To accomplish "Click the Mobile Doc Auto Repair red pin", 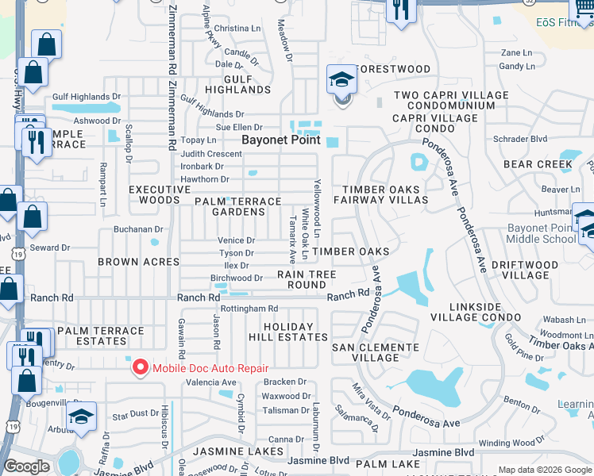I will pyautogui.click(x=141, y=367).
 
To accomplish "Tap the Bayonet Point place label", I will pyautogui.click(x=280, y=140).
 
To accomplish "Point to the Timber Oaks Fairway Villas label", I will pyautogui.click(x=385, y=195).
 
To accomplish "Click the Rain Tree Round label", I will pyautogui.click(x=307, y=279).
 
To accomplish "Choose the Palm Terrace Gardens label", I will pyautogui.click(x=238, y=206).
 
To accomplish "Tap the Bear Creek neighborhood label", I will pyautogui.click(x=538, y=165).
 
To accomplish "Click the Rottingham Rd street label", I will pyautogui.click(x=249, y=309).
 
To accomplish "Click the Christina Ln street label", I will pyautogui.click(x=237, y=29).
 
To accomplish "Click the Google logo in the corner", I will pyautogui.click(x=26, y=466).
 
